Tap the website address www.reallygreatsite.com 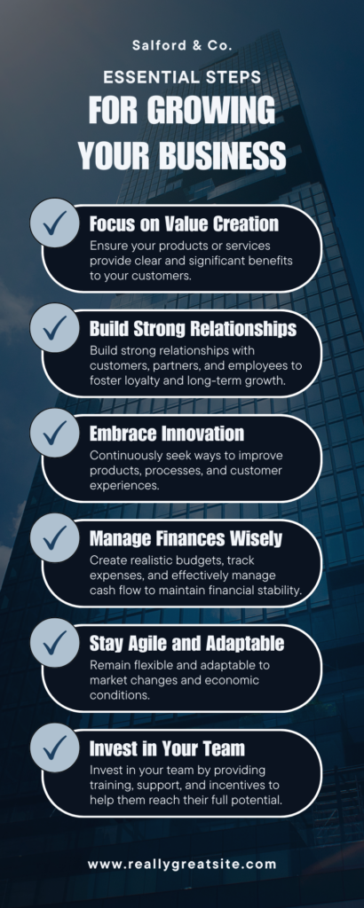point(182,863)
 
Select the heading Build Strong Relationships point(193,328)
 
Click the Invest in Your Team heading point(166,747)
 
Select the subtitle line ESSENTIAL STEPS point(182,78)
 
